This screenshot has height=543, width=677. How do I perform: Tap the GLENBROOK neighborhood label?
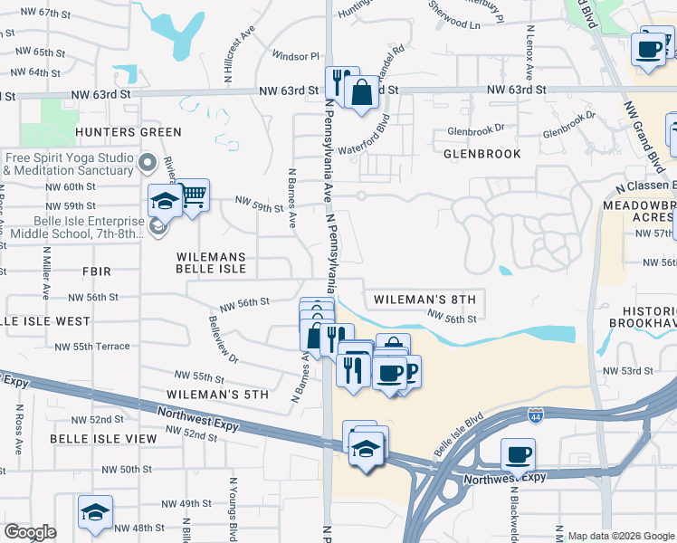[x=482, y=154]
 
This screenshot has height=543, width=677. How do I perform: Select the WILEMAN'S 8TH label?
[x=424, y=299]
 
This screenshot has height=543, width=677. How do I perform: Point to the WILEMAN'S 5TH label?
[x=218, y=395]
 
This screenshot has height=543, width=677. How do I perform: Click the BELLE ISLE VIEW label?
[x=103, y=438]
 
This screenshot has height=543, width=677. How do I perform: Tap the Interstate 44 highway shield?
[x=536, y=415]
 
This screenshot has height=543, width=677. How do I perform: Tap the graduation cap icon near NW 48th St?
[x=95, y=512]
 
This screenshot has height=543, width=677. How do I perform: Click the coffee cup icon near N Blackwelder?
[x=519, y=454]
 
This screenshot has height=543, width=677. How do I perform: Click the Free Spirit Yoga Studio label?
[x=68, y=164]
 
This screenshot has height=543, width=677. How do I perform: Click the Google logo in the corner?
[x=30, y=532]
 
